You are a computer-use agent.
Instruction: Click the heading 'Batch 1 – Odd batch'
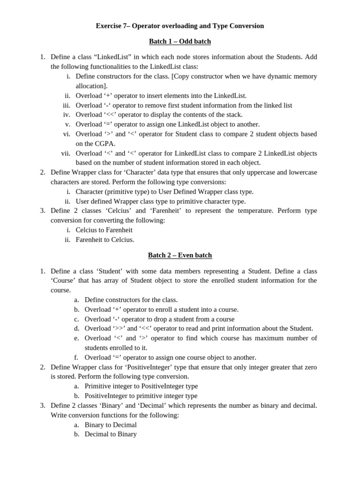click(x=180, y=42)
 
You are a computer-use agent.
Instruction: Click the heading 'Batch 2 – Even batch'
click(x=180, y=255)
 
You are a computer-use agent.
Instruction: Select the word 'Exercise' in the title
click(x=109, y=26)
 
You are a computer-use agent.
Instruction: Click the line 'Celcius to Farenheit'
click(x=104, y=230)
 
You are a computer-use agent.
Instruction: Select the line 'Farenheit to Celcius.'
click(x=105, y=240)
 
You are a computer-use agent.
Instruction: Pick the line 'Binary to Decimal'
click(x=111, y=425)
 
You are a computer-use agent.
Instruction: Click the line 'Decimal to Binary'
click(x=111, y=434)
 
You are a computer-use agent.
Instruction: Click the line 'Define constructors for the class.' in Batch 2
click(x=131, y=300)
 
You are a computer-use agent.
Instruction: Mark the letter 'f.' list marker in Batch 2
click(x=76, y=357)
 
